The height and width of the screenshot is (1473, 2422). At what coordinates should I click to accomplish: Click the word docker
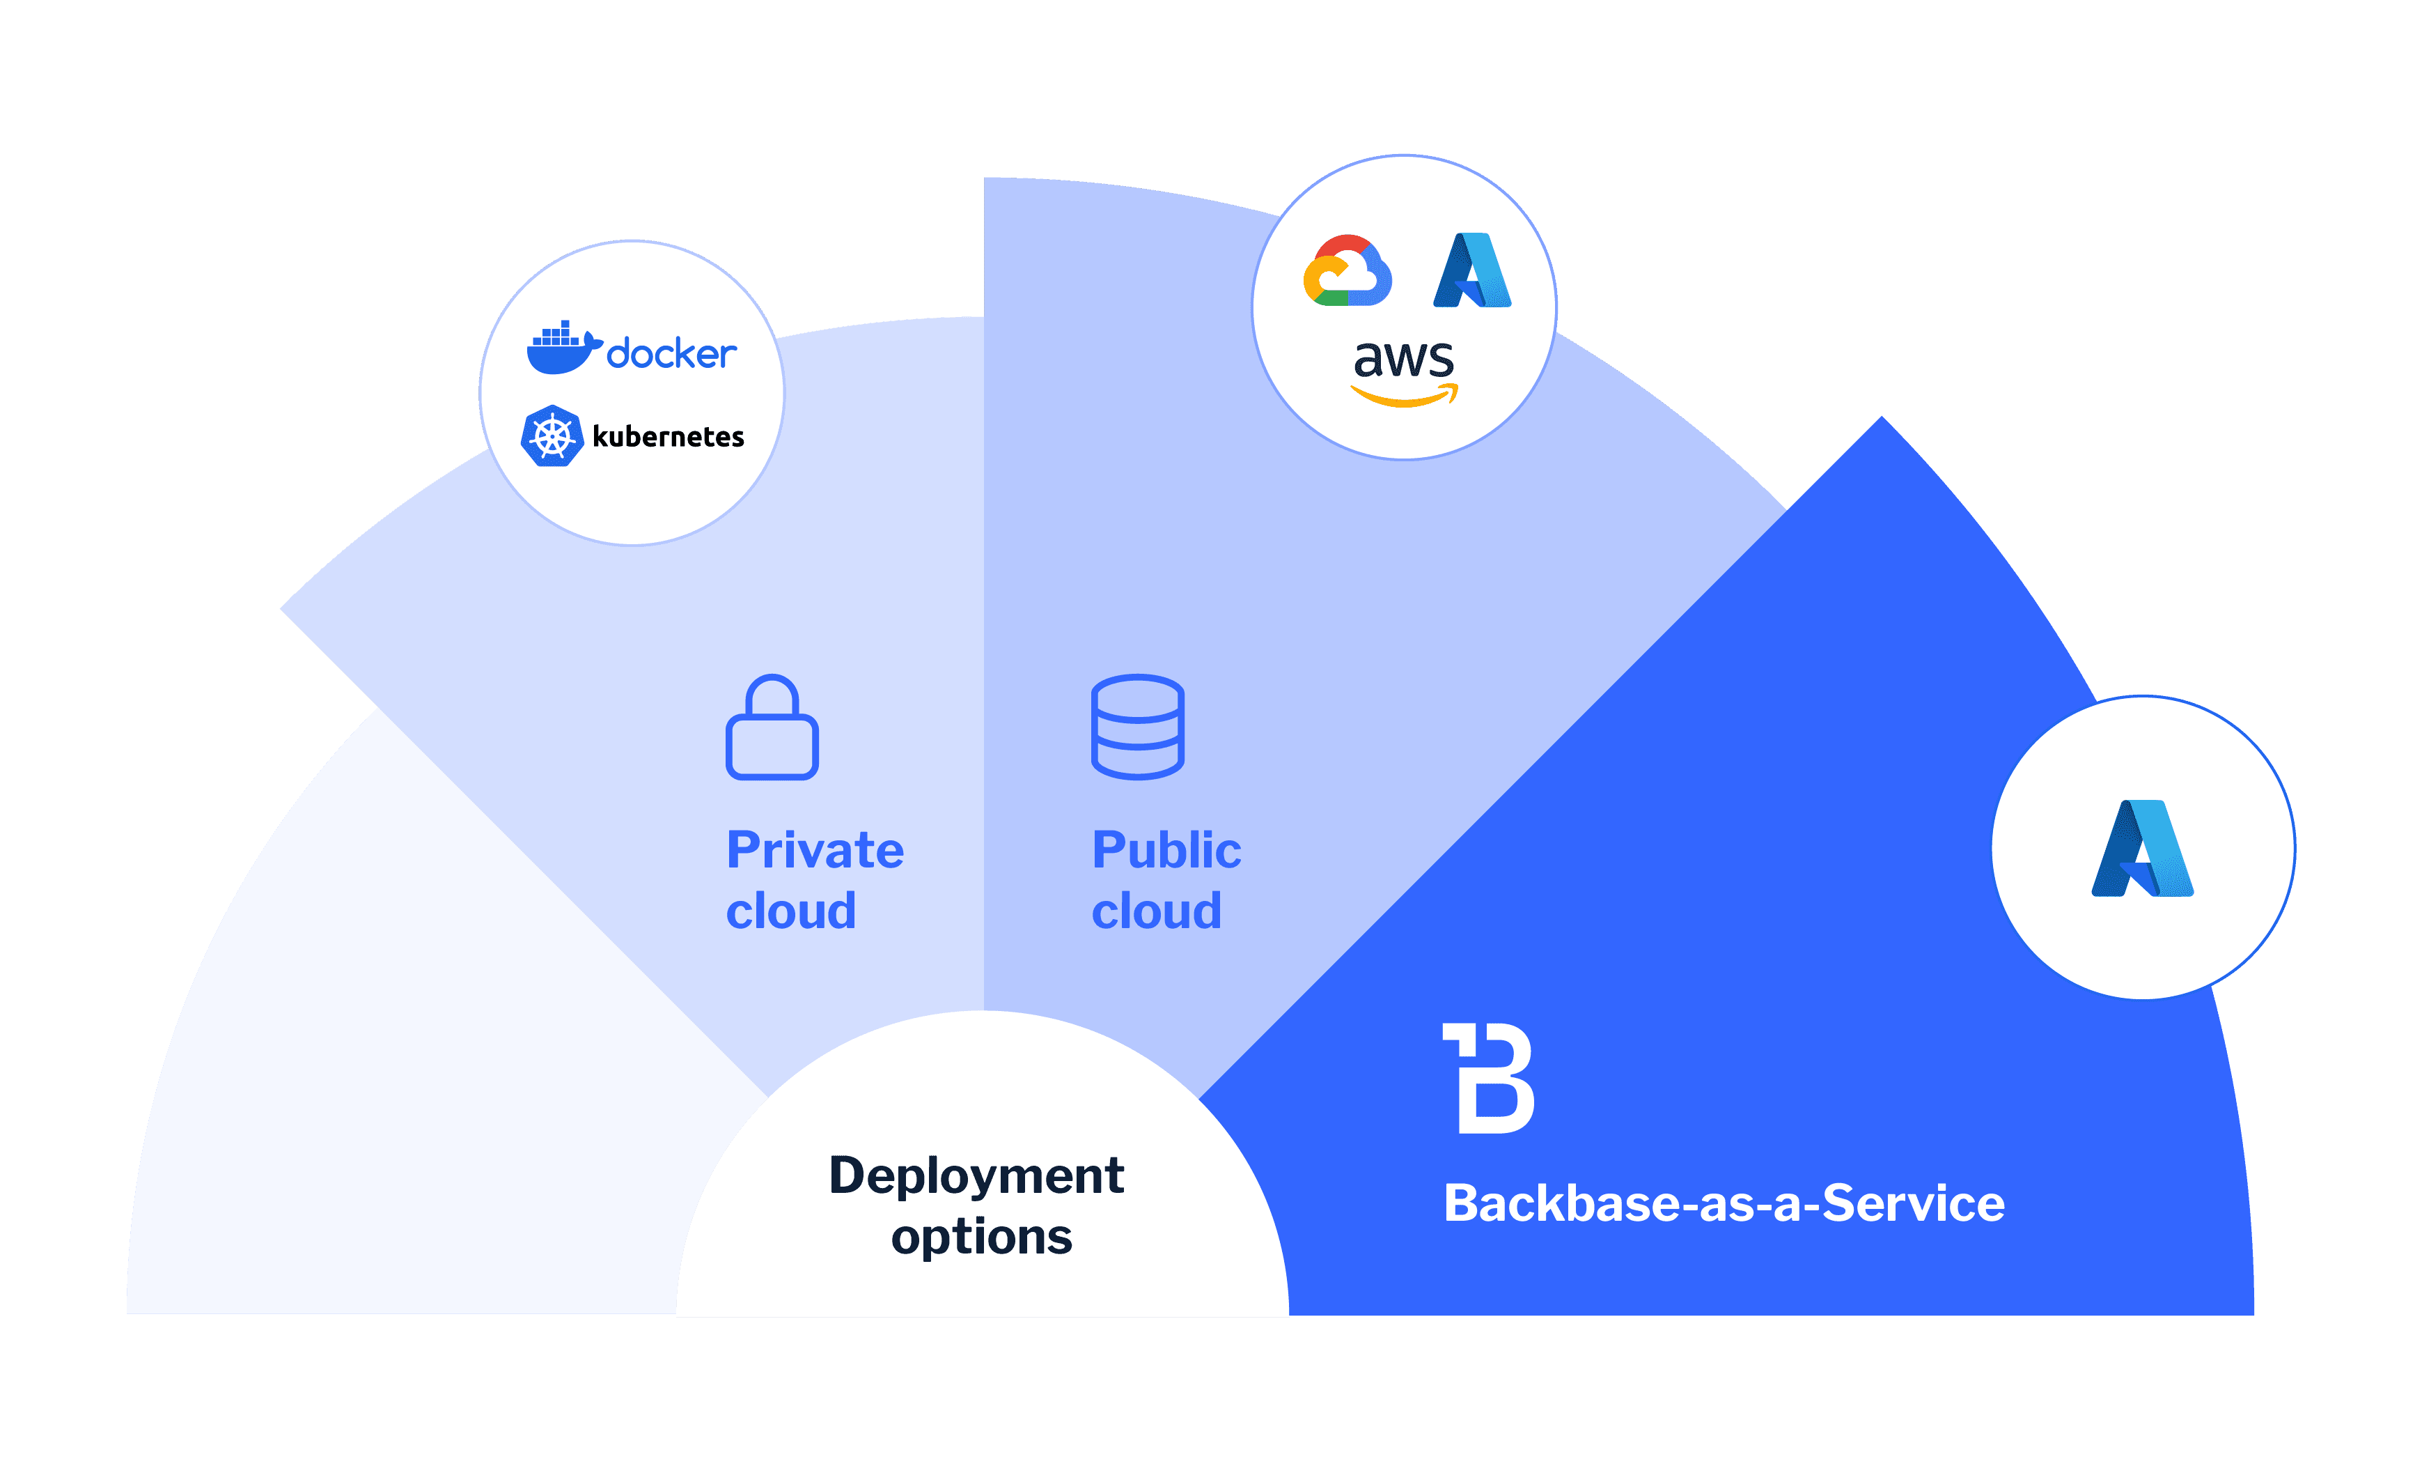[x=671, y=354]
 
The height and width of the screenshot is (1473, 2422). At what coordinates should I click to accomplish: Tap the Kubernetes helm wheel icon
[x=552, y=435]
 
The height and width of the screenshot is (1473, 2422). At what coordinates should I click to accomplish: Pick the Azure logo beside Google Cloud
[x=1471, y=270]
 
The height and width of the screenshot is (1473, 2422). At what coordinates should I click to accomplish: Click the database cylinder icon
[x=1137, y=727]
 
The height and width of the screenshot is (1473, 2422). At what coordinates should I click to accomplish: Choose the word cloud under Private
[x=791, y=911]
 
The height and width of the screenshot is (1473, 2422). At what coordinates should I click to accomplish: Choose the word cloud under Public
[x=1156, y=911]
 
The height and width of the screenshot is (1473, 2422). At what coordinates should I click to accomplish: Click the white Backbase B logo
[x=1488, y=1078]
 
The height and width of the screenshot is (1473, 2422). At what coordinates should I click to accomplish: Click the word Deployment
[x=976, y=1176]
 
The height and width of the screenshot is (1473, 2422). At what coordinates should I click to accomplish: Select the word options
[x=981, y=1237]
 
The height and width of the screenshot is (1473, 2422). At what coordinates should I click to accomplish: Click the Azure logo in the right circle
[x=2143, y=849]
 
